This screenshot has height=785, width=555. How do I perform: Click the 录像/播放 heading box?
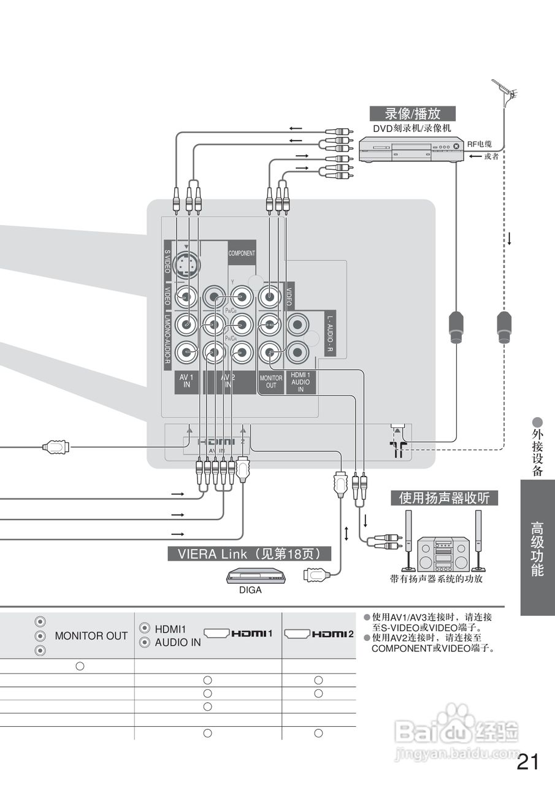pos(413,113)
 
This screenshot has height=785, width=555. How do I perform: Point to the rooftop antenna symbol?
pos(506,92)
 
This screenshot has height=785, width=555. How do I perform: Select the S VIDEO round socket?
pos(186,266)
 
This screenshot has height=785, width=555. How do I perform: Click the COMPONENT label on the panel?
pos(242,253)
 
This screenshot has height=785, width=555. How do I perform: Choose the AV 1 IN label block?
pos(186,381)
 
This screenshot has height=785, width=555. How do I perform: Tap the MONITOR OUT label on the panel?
pos(271,381)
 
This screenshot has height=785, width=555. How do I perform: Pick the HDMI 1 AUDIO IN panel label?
pos(300,381)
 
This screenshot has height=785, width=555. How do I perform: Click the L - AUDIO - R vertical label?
pos(329,335)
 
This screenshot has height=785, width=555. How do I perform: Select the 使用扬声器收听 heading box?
pos(444,498)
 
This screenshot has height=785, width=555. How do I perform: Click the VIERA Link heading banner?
pos(249,554)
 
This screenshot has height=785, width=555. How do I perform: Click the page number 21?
pos(528,762)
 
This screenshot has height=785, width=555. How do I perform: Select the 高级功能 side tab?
pos(537,548)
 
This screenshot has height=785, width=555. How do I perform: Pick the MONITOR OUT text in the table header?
pos(91,636)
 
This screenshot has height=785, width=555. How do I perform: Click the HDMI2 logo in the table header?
pos(320,634)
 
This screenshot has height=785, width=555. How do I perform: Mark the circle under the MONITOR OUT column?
pos(80,666)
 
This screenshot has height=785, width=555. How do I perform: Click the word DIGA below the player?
pos(250,591)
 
